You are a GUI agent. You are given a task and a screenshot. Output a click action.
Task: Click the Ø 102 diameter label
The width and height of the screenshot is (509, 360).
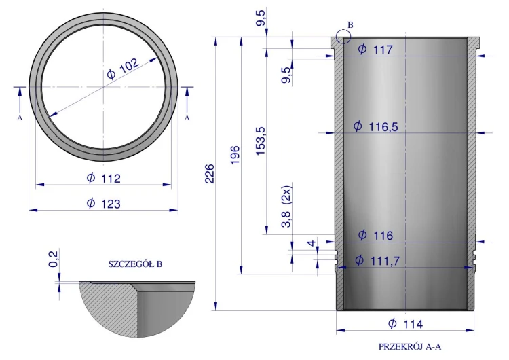click(123, 69)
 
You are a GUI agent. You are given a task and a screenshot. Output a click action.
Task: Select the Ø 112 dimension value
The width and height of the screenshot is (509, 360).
click(104, 178)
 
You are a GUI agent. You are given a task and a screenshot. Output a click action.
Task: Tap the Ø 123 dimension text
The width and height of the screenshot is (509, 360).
click(104, 204)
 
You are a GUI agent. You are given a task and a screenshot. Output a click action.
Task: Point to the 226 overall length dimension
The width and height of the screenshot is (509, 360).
click(210, 174)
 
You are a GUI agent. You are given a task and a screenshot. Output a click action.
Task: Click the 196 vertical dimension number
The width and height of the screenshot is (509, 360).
click(235, 156)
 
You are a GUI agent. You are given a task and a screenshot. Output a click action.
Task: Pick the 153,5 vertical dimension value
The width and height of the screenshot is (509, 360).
click(261, 141)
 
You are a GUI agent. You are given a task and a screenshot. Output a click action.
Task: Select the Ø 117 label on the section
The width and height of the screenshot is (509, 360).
click(375, 50)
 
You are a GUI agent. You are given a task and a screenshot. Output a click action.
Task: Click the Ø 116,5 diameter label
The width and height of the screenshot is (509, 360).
click(375, 126)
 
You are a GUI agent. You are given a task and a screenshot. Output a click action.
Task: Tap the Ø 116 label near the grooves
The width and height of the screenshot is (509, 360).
click(375, 235)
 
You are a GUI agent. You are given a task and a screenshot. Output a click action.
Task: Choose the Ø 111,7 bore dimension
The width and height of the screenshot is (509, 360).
click(377, 260)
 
